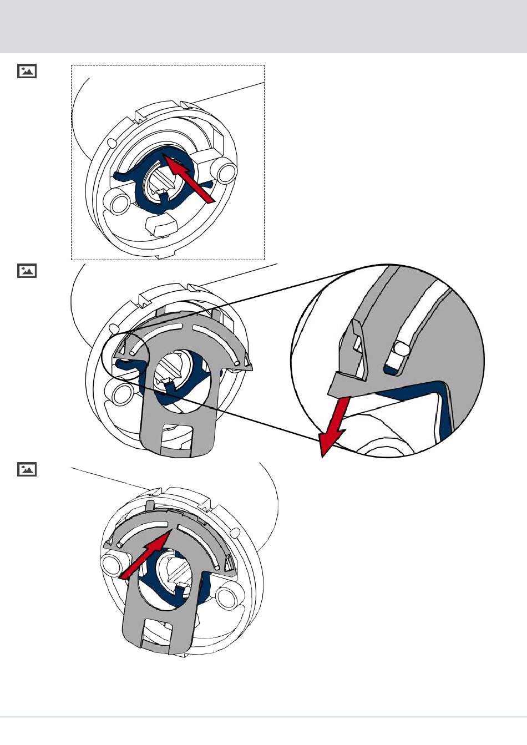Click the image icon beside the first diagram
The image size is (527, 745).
pyautogui.click(x=27, y=71)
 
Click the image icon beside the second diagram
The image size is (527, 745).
pyautogui.click(x=27, y=271)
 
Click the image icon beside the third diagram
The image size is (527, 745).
pyautogui.click(x=27, y=469)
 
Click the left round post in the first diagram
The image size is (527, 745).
pyautogui.click(x=119, y=204)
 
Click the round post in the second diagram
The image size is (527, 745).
pyautogui.click(x=120, y=393)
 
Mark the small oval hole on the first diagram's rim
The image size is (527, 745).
pyautogui.click(x=113, y=143)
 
